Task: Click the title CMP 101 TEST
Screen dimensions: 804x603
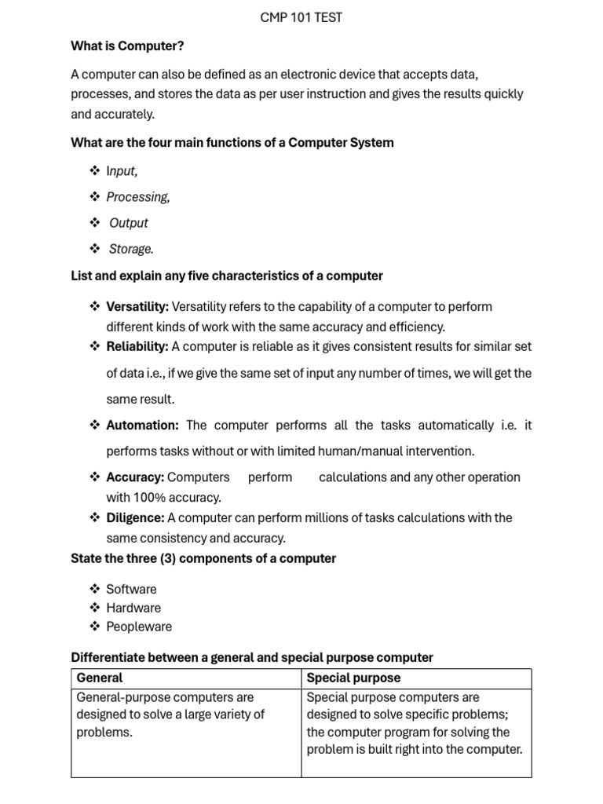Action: (x=301, y=17)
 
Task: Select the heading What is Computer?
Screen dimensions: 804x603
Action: (x=127, y=46)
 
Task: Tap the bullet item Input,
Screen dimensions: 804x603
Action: (x=122, y=170)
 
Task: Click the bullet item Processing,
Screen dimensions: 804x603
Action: (x=138, y=196)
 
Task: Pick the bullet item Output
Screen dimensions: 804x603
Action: (x=129, y=223)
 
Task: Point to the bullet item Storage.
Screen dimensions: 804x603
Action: (x=131, y=249)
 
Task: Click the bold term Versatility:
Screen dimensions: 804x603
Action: (x=137, y=306)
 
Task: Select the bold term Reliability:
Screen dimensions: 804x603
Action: (x=137, y=346)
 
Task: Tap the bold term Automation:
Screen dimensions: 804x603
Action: (x=142, y=425)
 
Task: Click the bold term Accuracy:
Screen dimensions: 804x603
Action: (x=135, y=477)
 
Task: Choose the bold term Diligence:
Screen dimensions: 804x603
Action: (x=135, y=517)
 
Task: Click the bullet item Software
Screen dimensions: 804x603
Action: (x=131, y=589)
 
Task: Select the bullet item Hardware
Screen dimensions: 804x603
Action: (x=133, y=608)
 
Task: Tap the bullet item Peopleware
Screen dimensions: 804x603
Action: (x=139, y=627)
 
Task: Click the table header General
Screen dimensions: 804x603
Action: (x=100, y=678)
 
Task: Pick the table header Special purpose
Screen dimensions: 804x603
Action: (x=353, y=678)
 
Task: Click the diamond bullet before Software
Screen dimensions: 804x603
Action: (x=94, y=588)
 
